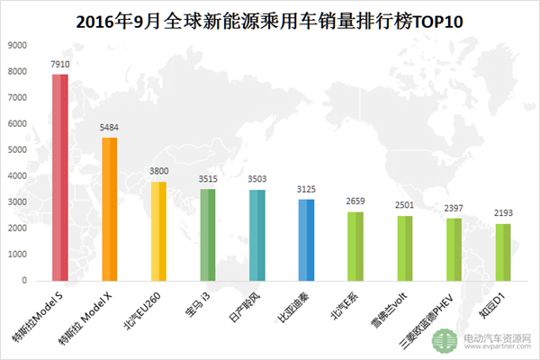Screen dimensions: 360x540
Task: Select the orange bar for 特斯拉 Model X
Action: [110, 209]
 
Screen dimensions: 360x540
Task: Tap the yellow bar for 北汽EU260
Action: [158, 231]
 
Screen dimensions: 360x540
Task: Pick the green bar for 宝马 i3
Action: [208, 235]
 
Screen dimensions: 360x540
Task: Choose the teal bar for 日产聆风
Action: [256, 235]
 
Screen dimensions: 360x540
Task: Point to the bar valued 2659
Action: [355, 247]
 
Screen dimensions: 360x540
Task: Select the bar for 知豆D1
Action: [502, 253]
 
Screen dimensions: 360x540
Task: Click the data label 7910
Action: [60, 65]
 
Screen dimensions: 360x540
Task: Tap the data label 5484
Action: [110, 128]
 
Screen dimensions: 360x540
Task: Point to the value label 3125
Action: [306, 190]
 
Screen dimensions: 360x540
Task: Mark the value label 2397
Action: [453, 209]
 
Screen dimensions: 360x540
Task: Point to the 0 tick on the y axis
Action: [24, 280]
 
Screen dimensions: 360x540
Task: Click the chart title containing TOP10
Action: [270, 19]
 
